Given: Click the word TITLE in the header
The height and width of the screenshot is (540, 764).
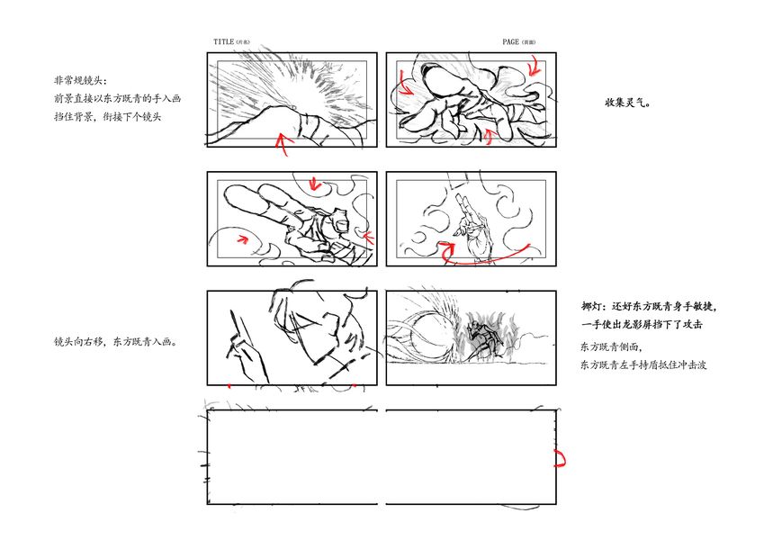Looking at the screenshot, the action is pos(224,42).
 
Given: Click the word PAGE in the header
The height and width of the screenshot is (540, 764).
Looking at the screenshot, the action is pos(510,42).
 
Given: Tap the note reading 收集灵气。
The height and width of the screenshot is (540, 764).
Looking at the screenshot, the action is pos(628,103).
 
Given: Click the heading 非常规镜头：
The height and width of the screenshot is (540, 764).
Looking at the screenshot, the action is pos(80,80).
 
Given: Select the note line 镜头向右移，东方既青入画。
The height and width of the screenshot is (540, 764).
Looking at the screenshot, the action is pos(116,342).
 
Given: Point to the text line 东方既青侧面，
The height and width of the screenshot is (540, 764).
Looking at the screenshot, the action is pos(612,347).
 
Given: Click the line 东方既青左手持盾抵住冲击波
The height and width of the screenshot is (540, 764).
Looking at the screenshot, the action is pos(643,364).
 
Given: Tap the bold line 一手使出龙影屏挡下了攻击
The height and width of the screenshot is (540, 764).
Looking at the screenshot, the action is pos(643,324).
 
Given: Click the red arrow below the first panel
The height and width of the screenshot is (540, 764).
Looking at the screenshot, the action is pos(283,143).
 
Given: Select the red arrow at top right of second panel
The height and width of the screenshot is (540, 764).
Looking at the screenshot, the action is pos(535,67).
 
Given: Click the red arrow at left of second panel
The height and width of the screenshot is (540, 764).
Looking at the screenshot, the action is pos(404,84).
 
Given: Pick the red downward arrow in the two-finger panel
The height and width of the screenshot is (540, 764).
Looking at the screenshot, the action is pos(314,184).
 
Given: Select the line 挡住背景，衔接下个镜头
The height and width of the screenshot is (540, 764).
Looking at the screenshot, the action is pos(107,117).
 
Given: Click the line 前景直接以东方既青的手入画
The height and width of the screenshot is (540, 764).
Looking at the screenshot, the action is pos(117,98).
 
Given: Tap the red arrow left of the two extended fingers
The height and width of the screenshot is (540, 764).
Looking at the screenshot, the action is pos(242,238).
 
